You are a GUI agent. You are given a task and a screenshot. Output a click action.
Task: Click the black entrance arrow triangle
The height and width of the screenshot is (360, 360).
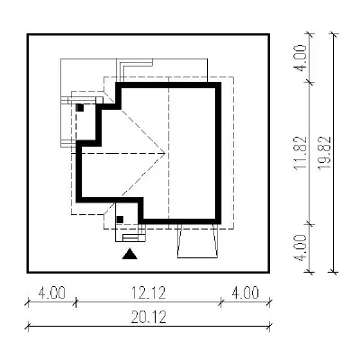click(x=130, y=255)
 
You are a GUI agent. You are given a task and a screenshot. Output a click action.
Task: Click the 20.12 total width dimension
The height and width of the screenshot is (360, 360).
click(x=148, y=318)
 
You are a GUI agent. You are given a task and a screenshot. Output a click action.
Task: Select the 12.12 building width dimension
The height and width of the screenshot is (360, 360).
click(x=148, y=293)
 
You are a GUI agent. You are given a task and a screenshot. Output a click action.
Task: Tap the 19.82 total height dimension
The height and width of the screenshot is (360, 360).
click(x=324, y=153)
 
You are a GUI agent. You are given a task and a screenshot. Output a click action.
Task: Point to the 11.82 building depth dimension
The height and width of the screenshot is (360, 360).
click(x=301, y=153)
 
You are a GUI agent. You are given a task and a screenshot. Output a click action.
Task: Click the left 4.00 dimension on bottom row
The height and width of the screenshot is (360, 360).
click(x=52, y=293)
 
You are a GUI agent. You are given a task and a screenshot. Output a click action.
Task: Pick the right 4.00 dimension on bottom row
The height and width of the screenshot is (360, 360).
click(x=245, y=293)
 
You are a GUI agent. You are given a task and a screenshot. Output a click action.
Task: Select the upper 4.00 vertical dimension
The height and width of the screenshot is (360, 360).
click(x=301, y=58)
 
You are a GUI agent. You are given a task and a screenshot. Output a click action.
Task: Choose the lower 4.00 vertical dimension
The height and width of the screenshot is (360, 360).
click(x=301, y=247)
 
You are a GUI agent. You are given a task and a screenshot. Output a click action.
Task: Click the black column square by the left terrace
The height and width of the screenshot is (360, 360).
click(x=80, y=108)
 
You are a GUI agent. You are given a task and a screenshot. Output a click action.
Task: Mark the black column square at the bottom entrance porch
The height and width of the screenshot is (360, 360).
click(x=120, y=220)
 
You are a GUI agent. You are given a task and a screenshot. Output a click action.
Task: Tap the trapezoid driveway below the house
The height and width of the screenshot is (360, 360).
click(x=197, y=241)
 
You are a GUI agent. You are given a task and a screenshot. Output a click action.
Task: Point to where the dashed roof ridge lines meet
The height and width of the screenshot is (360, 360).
click(x=166, y=153)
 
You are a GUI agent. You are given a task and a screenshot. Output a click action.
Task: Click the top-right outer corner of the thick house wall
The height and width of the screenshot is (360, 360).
click(x=220, y=83)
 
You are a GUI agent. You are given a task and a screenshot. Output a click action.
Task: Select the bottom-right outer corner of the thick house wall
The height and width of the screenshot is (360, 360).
click(x=220, y=224)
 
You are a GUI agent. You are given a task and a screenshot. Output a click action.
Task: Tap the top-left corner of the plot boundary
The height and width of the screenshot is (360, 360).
click(x=28, y=34)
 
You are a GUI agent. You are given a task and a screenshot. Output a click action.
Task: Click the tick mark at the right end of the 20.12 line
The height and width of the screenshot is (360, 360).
click(x=270, y=326)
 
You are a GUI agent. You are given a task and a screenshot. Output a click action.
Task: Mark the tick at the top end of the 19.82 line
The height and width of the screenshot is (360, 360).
click(x=333, y=34)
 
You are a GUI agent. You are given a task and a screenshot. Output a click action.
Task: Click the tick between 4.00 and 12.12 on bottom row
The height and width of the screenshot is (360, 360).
click(x=76, y=301)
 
